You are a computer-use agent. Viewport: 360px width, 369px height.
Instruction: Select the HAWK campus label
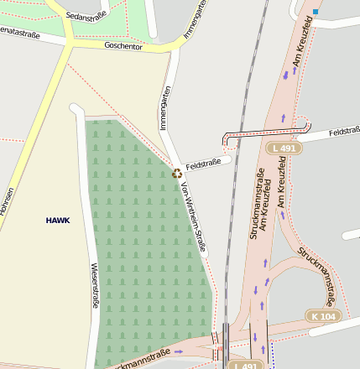click(58, 220)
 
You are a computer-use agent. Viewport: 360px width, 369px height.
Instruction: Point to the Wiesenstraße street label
click(94, 286)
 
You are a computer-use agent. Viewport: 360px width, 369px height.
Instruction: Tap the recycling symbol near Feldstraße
click(177, 174)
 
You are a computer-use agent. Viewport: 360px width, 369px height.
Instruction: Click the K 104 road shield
click(323, 316)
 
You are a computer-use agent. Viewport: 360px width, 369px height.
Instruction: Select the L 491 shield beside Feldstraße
click(284, 148)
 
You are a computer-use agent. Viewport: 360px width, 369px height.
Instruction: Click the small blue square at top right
click(316, 12)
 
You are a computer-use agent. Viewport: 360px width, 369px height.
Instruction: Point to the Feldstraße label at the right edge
click(344, 133)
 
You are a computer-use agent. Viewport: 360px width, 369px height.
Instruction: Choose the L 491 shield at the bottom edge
click(245, 366)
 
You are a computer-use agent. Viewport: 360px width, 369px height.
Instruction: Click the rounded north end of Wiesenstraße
click(76, 107)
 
